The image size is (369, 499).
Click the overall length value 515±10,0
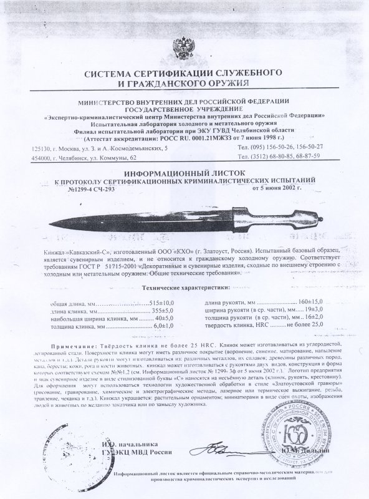[161, 302]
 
